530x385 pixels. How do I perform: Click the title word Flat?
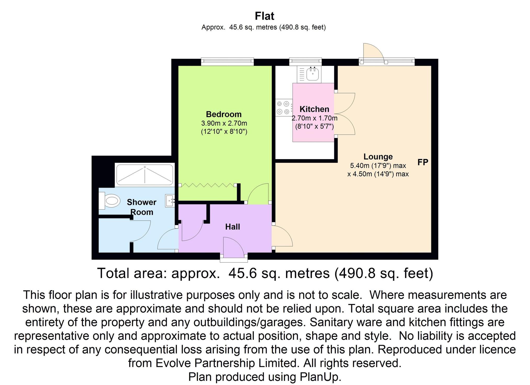264,16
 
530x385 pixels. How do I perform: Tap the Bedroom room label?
224,114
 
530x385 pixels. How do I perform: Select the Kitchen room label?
314,109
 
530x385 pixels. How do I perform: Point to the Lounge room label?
378,157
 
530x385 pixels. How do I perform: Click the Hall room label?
232,227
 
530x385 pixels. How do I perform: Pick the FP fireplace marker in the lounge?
422,162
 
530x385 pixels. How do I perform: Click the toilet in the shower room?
110,201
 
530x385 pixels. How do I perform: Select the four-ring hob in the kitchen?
284,107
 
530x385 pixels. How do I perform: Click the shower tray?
144,174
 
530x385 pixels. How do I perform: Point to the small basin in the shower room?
170,201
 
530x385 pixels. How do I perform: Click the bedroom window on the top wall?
227,62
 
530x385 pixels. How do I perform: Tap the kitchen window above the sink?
305,62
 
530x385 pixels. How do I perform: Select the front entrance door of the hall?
233,248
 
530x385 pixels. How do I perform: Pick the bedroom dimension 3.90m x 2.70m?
224,123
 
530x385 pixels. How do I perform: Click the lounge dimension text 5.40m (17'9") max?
378,165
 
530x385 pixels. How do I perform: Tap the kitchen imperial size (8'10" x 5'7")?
314,127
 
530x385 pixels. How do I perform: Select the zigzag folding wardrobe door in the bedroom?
207,185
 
